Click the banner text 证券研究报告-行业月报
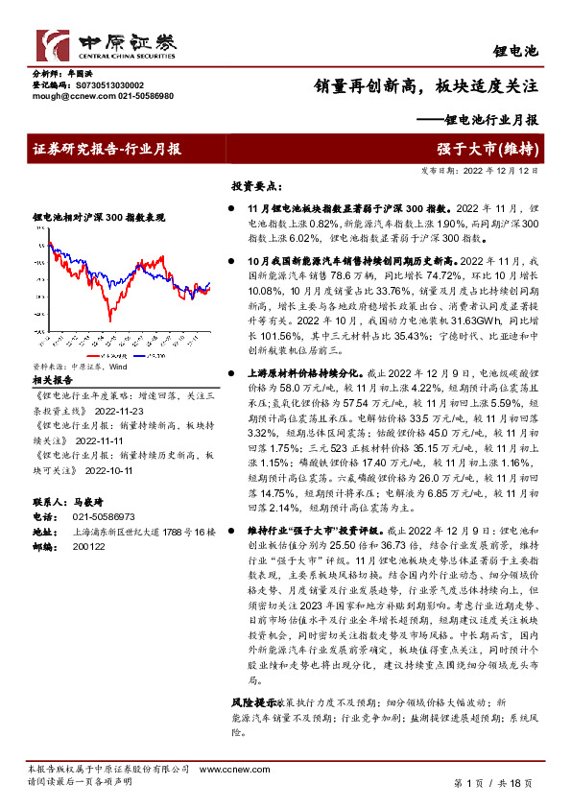tap(106, 150)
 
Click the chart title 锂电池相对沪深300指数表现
tap(99, 218)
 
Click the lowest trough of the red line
tap(110, 319)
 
